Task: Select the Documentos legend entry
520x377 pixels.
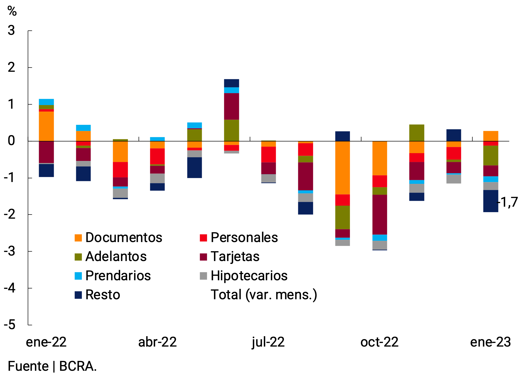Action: [118, 237]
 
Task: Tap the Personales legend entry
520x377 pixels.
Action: [238, 237]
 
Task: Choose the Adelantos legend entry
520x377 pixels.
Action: [110, 257]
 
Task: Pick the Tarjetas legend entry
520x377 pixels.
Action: [229, 257]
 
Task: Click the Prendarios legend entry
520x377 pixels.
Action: [113, 276]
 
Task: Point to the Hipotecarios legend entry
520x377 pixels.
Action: [243, 276]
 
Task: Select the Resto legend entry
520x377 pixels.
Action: [97, 295]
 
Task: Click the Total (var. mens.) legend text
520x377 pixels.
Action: [264, 295]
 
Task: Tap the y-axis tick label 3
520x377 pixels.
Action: [11, 31]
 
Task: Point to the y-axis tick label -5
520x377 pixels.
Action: [10, 325]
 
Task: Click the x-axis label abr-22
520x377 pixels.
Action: [157, 342]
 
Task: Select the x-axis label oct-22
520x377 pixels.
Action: [379, 342]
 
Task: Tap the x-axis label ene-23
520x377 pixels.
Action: [490, 342]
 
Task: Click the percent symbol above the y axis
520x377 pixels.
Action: [12, 11]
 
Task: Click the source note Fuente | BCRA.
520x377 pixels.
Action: [52, 366]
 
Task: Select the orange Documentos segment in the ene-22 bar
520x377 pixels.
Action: [46, 126]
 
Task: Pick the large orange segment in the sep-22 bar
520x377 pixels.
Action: [342, 168]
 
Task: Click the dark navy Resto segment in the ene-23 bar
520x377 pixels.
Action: [491, 201]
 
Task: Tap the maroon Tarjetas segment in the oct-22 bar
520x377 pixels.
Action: [380, 214]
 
